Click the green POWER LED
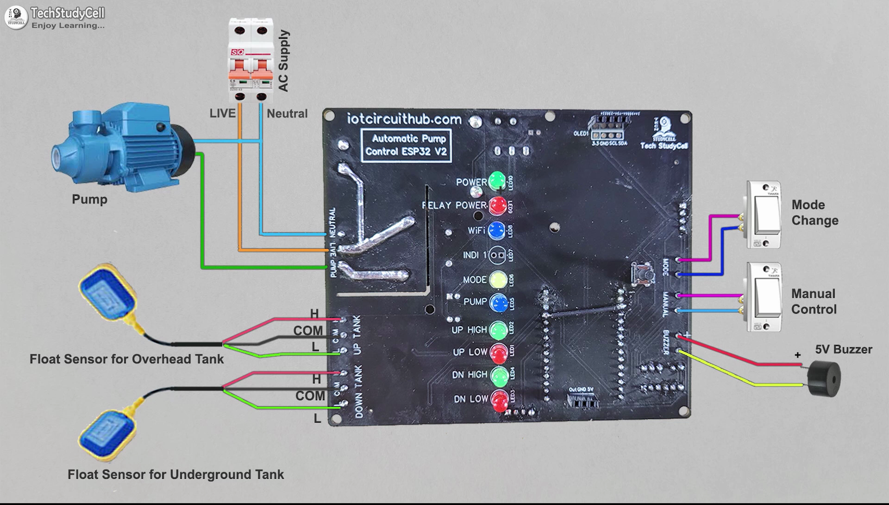497,181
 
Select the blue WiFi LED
496,230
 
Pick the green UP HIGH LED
498,330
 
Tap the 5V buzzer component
824,379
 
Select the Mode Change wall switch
764,215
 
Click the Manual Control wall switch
764,297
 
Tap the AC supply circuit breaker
250,60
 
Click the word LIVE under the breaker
222,114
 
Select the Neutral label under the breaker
287,114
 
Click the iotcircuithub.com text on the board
404,120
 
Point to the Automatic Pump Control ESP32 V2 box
406,145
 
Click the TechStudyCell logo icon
16,17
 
